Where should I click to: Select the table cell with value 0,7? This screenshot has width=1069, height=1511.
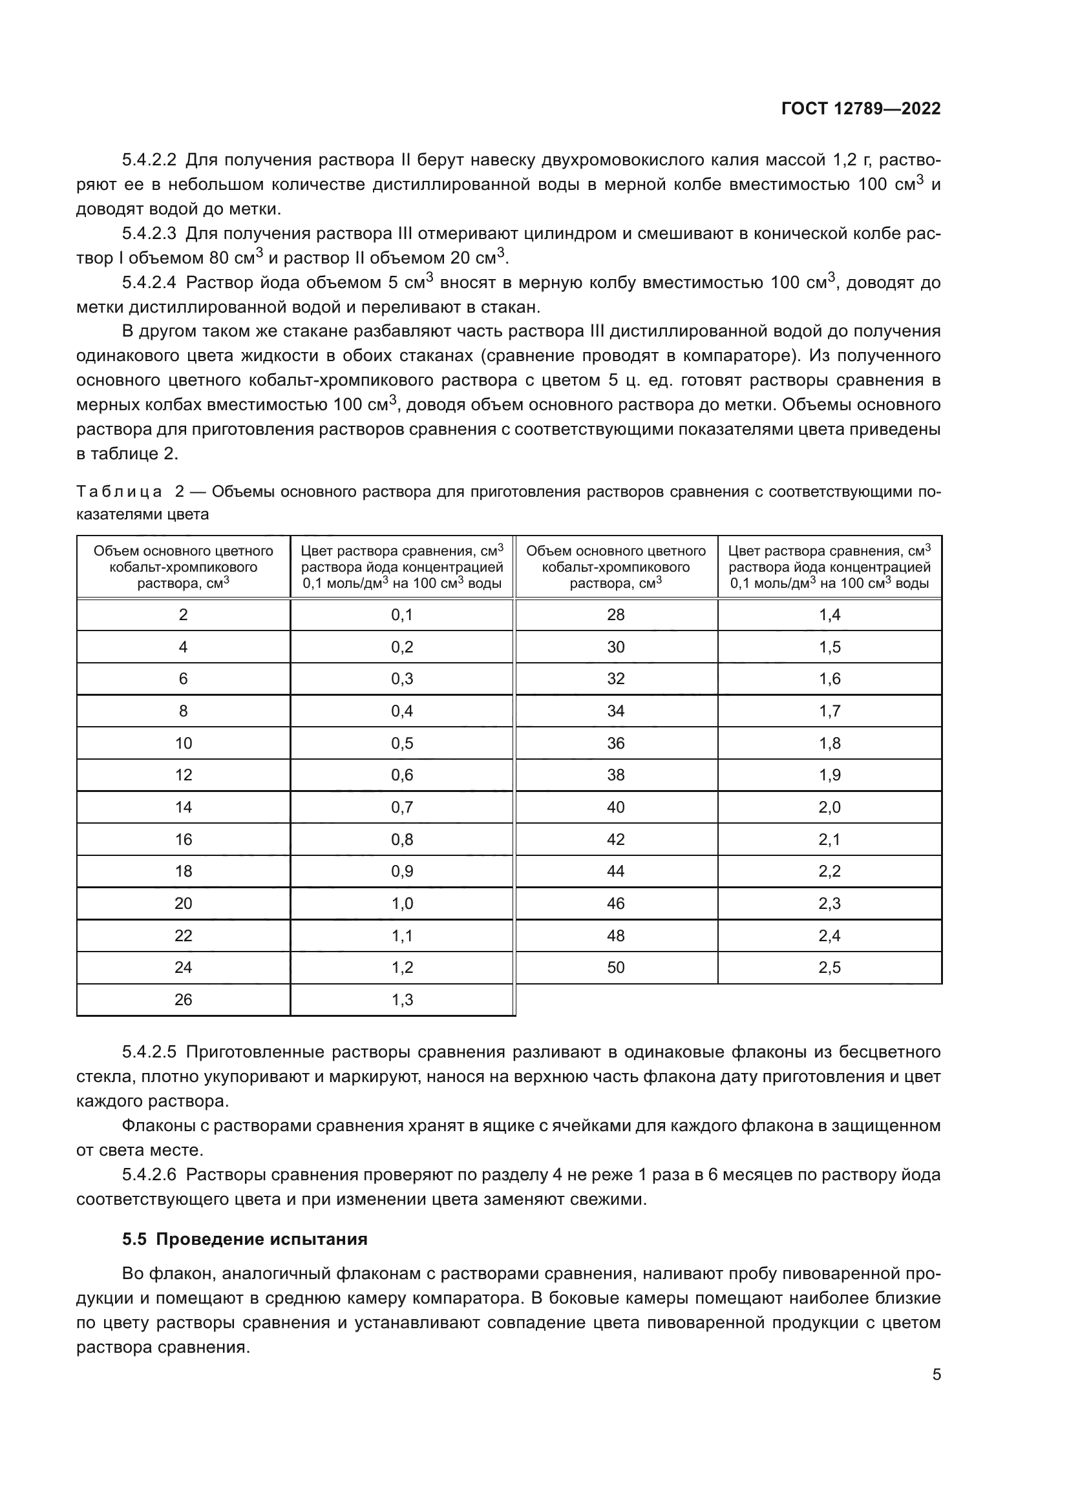coord(401,807)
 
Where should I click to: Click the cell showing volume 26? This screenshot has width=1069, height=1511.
coord(183,999)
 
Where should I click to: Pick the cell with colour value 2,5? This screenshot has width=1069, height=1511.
coord(829,968)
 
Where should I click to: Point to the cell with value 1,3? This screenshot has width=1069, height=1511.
coord(401,999)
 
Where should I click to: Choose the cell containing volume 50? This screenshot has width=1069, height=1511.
coord(615,968)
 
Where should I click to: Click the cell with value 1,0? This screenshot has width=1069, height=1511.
coord(401,904)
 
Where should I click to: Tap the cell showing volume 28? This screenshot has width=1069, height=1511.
coord(615,614)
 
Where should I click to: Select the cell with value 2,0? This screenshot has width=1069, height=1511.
coord(829,807)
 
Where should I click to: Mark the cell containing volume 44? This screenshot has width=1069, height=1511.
coord(615,871)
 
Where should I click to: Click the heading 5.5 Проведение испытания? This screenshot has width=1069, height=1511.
coord(244,1239)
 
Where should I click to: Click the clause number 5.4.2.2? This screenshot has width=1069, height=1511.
coord(149,160)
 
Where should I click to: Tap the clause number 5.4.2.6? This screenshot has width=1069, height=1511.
coord(149,1174)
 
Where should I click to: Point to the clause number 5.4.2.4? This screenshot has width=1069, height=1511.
coord(149,283)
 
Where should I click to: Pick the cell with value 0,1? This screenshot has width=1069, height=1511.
coord(401,614)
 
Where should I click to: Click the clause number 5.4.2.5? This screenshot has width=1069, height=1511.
coord(149,1052)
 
